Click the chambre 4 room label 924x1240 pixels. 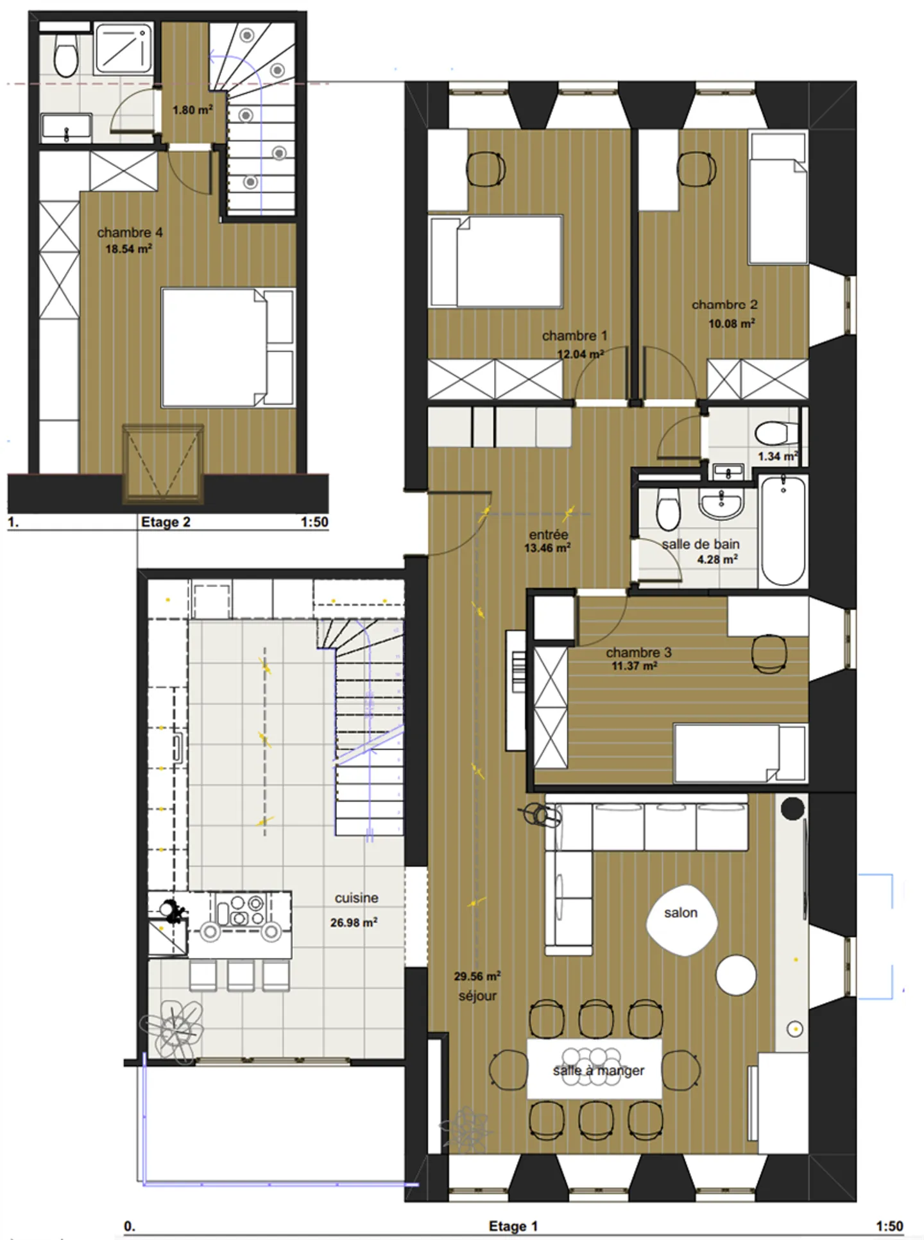[130, 232]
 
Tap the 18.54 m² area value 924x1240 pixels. [128, 249]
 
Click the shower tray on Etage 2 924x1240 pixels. [123, 48]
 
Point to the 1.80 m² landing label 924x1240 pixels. [192, 110]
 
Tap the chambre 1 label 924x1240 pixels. [574, 335]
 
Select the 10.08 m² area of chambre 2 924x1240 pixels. [731, 323]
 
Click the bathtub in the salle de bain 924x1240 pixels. [783, 530]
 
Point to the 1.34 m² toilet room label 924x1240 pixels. [777, 456]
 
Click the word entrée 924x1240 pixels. [548, 534]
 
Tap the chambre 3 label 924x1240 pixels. [638, 652]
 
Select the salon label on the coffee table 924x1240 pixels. [680, 912]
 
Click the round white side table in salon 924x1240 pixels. [735, 975]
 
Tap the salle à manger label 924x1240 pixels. [598, 1070]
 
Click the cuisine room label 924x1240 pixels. [356, 898]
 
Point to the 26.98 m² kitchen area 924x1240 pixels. [354, 922]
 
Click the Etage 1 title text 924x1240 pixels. [513, 1226]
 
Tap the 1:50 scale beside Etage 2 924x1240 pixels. [314, 522]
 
